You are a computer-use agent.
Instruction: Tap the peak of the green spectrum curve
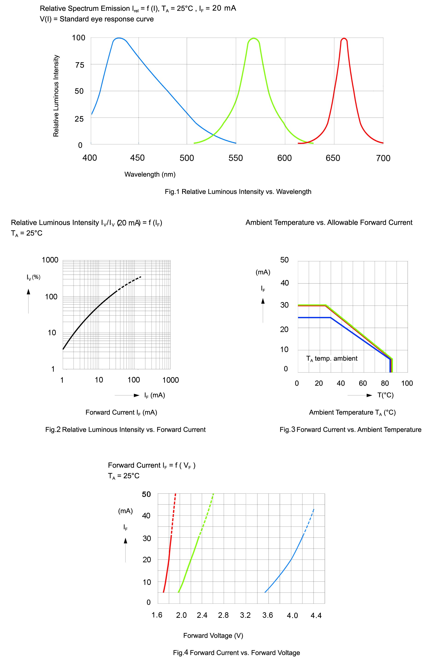254,38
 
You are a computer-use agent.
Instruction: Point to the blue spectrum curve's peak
119,38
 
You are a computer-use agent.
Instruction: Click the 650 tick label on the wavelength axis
333,158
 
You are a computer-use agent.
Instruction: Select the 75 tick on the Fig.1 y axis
80,65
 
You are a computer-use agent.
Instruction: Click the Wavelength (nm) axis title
150,175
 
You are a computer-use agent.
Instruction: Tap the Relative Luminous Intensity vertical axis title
56,96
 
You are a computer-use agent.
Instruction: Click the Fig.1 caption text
238,192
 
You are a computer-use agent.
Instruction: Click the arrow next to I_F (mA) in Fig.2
127,395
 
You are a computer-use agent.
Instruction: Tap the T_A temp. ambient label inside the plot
332,359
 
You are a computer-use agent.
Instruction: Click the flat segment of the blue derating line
314,318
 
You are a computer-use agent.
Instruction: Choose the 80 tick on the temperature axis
385,383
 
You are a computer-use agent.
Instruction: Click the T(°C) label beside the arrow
385,395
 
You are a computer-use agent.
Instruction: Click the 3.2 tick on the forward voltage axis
245,615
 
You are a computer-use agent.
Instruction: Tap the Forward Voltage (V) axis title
213,636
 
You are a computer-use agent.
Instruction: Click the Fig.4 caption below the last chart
236,653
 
